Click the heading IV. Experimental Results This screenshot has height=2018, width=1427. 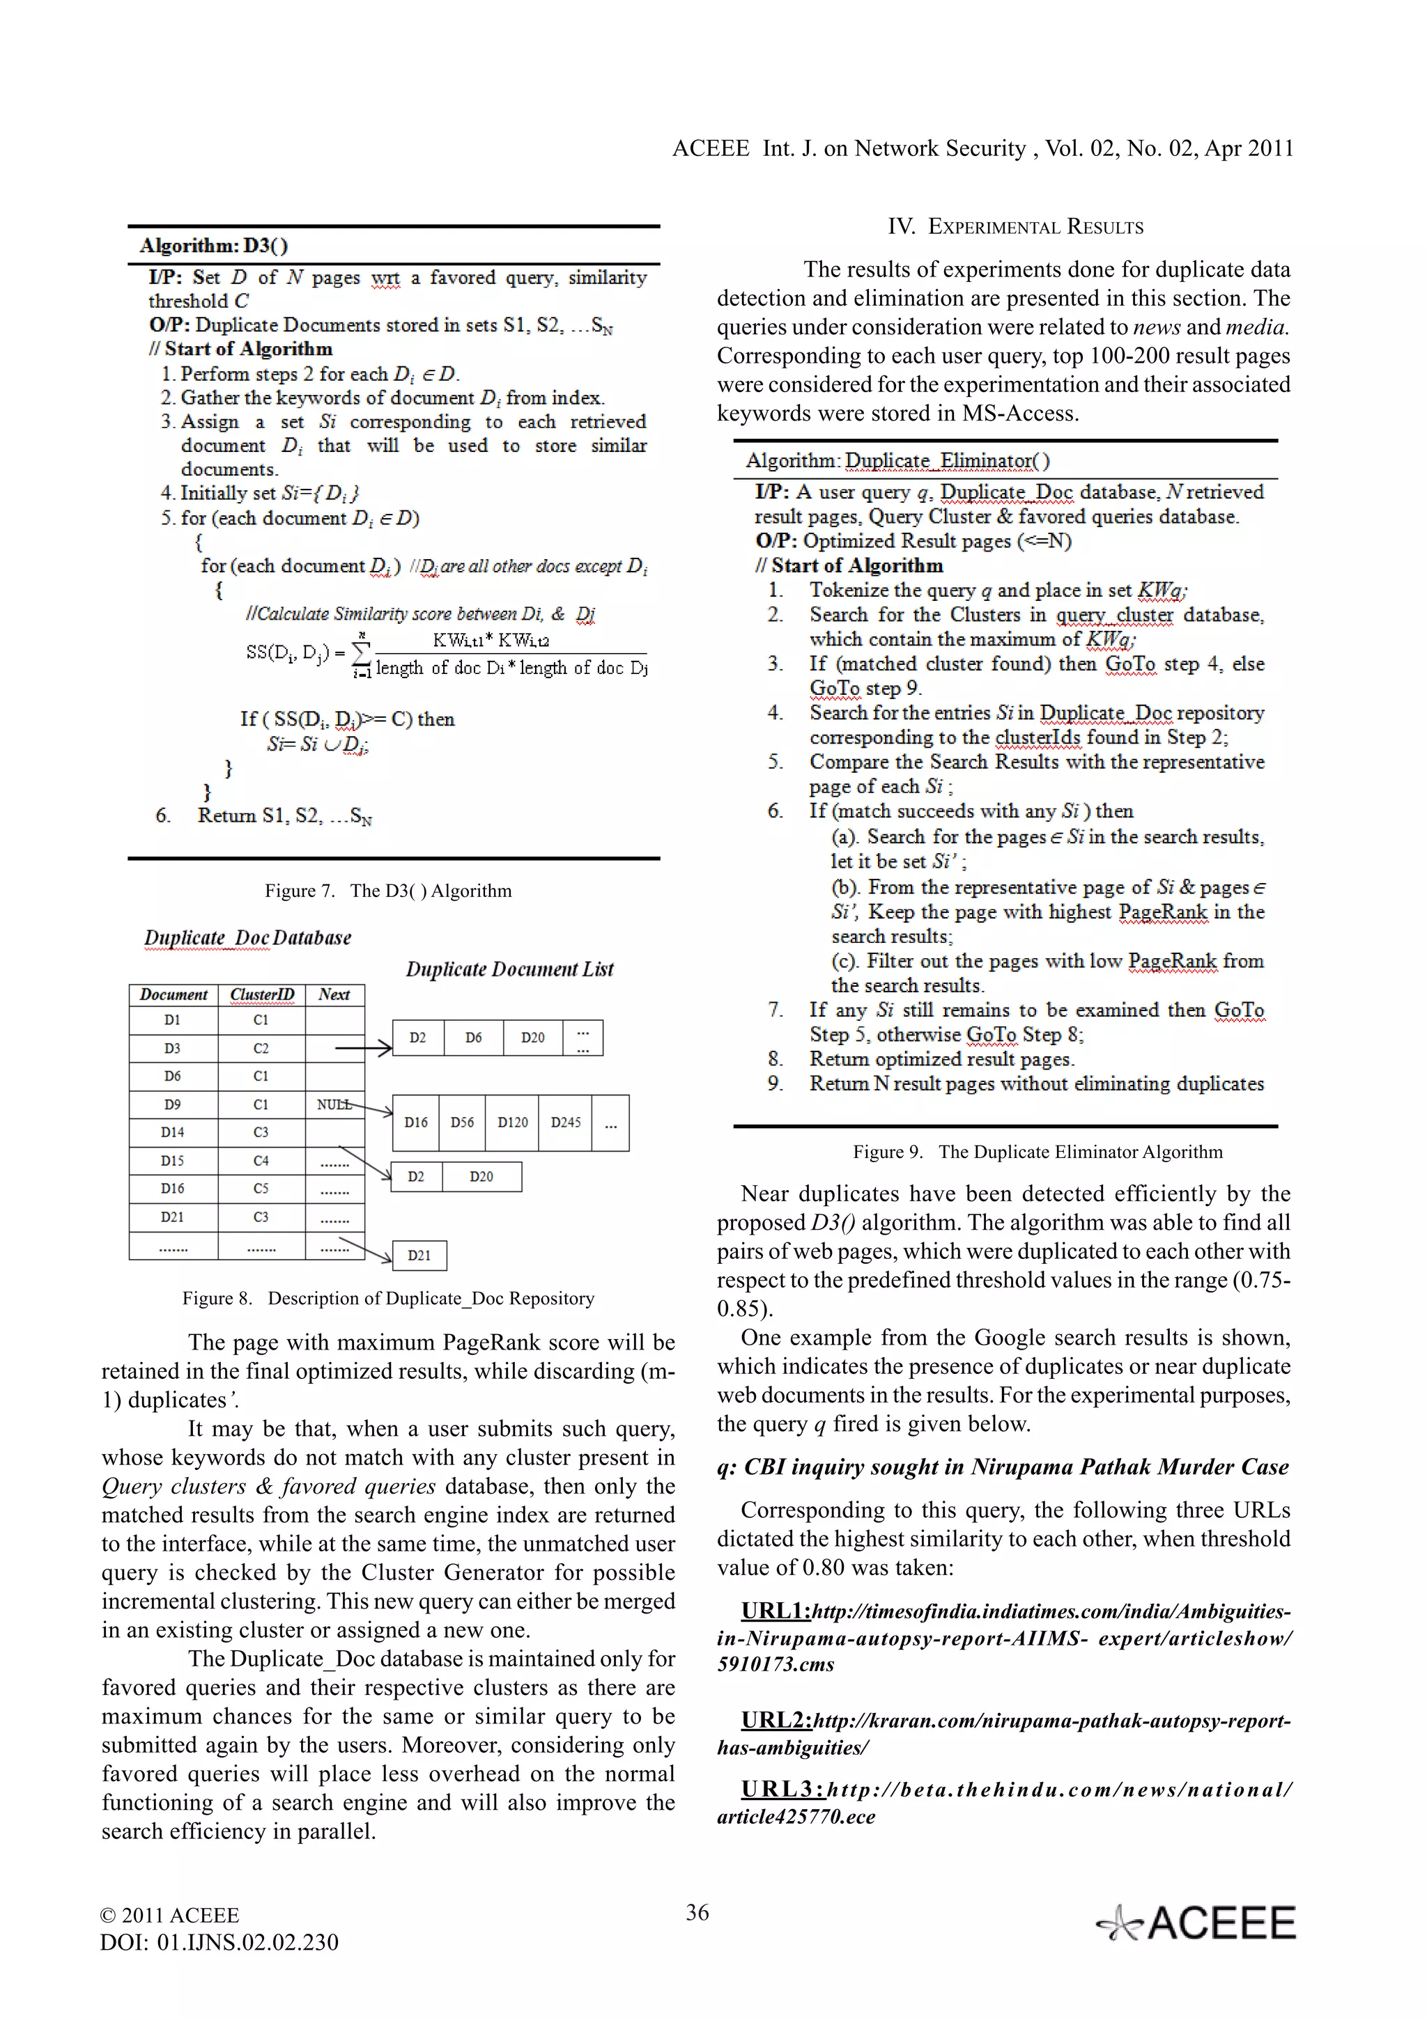(1015, 227)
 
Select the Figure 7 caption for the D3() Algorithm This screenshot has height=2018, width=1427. (387, 891)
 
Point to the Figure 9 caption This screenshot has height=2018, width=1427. (1037, 1151)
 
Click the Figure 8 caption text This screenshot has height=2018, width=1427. (387, 1298)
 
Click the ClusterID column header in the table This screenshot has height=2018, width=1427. (261, 994)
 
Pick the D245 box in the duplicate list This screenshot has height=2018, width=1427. (565, 1123)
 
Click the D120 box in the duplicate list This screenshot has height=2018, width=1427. (513, 1123)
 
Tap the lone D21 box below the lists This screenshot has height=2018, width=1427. (419, 1255)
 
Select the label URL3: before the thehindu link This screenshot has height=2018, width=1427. (782, 1789)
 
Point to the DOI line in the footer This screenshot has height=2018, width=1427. (219, 1941)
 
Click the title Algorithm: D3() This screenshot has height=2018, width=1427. (214, 245)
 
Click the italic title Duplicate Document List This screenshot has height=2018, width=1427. (509, 969)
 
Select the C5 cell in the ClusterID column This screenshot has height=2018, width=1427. (261, 1188)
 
